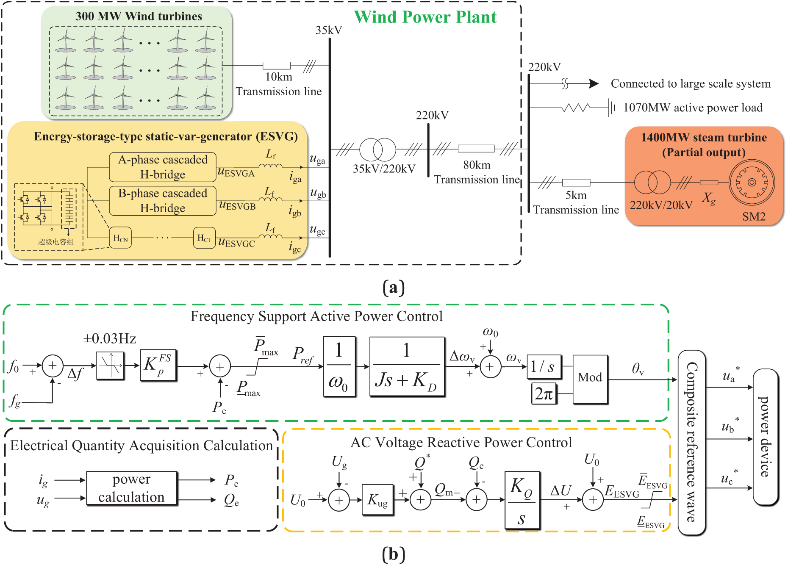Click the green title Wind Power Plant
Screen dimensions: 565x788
coord(425,17)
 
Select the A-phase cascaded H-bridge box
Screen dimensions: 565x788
coord(163,167)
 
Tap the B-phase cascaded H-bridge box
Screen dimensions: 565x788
coord(163,201)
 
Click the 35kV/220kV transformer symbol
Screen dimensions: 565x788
coord(377,149)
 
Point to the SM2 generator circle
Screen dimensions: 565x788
coord(752,183)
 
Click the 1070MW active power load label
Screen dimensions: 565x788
coord(693,108)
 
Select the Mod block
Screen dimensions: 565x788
coord(590,377)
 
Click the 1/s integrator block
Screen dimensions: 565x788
coord(543,366)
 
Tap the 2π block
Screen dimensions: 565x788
coord(544,394)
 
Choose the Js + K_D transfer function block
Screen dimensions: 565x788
coord(407,366)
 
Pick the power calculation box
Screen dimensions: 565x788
coord(131,488)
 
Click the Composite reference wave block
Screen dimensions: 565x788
coord(691,442)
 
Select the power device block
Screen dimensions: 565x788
coord(765,437)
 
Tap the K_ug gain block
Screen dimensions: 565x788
coord(377,500)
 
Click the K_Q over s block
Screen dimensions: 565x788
coord(522,500)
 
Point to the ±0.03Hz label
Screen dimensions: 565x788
coord(109,339)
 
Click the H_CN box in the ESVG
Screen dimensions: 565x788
coord(120,238)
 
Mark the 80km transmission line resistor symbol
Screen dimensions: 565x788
coord(476,149)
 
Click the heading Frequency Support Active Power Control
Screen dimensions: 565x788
coord(316,316)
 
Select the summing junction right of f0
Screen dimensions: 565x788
coord(53,366)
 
